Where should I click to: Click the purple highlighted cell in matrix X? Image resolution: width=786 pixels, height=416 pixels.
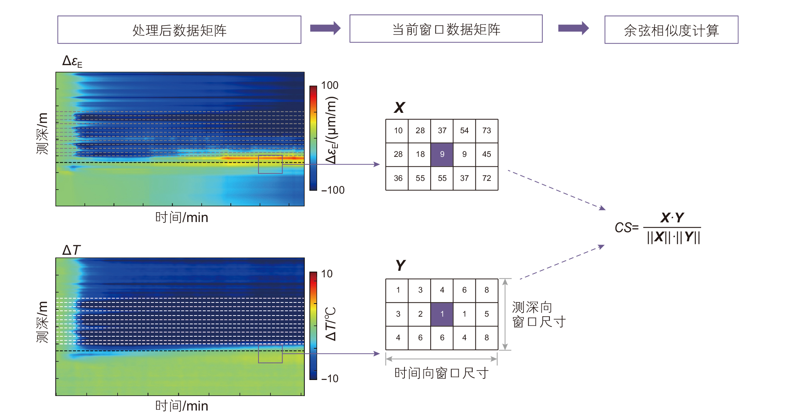[442, 154]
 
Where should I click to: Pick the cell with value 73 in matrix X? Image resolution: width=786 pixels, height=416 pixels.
[487, 131]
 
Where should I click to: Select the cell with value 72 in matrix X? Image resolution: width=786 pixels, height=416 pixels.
[487, 178]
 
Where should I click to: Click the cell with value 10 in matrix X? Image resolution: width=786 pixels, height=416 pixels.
[398, 131]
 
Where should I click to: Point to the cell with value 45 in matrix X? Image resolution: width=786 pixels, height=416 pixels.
[487, 154]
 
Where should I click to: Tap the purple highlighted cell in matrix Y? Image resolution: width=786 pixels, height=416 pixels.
[442, 314]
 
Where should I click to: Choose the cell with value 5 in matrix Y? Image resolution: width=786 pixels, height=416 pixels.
[487, 314]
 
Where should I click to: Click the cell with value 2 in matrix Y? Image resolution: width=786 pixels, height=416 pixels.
[420, 314]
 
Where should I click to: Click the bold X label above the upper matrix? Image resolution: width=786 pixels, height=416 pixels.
[399, 107]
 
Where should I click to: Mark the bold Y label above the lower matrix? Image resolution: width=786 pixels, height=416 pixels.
[400, 265]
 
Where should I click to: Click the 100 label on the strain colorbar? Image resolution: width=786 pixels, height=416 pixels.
[329, 85]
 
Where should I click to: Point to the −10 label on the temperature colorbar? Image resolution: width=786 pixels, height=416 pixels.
[330, 379]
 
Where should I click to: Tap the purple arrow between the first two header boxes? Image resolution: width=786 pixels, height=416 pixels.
[325, 28]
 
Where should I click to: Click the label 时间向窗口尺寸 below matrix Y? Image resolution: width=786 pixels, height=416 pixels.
[441, 373]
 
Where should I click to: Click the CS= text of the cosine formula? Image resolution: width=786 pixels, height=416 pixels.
[626, 228]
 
